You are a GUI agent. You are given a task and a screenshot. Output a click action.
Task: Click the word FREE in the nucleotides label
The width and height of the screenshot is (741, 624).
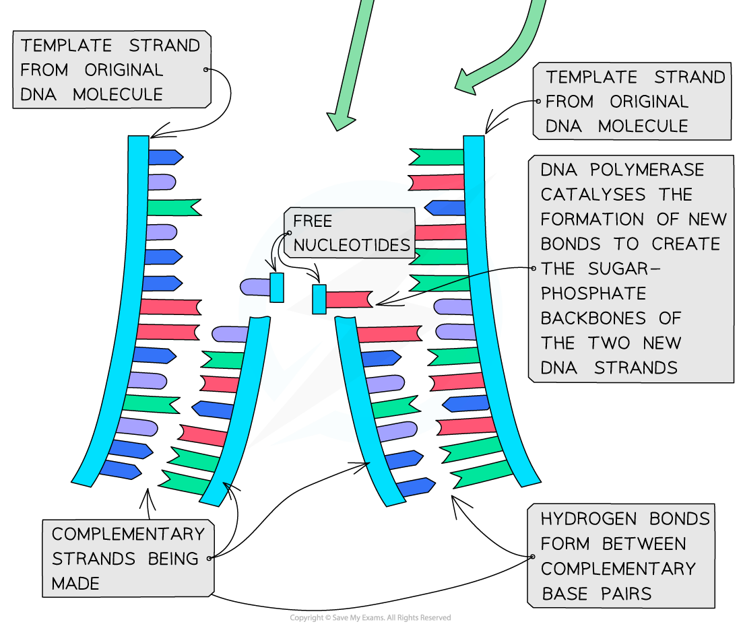click(x=313, y=221)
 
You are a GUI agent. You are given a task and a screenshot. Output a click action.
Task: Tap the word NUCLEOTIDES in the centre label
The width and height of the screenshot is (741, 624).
click(x=352, y=245)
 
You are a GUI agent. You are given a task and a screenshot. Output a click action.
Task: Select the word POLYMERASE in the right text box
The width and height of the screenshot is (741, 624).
click(x=647, y=170)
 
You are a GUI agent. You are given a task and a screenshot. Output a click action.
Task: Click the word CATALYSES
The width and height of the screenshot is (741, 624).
click(x=593, y=194)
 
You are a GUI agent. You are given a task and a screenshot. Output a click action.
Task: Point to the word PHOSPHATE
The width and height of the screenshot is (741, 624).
click(x=593, y=293)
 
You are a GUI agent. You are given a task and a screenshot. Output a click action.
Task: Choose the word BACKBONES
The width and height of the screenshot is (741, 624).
click(x=593, y=318)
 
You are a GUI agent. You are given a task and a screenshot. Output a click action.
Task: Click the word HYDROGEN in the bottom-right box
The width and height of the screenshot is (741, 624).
click(x=588, y=519)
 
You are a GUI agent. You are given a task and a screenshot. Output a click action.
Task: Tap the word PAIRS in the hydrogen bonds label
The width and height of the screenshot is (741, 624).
click(x=626, y=593)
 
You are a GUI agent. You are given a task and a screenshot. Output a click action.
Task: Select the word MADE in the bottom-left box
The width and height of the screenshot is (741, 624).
click(x=75, y=584)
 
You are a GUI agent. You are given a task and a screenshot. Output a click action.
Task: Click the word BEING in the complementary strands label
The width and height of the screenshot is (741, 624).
click(x=173, y=558)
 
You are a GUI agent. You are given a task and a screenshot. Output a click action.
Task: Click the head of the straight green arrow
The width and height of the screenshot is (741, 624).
click(x=340, y=121)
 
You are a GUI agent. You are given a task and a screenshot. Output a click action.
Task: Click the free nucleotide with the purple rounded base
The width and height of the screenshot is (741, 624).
click(x=262, y=287)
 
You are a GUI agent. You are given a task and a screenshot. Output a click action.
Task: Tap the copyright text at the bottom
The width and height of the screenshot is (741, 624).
click(x=370, y=617)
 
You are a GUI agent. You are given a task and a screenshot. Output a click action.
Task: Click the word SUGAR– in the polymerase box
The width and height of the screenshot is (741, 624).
click(x=624, y=269)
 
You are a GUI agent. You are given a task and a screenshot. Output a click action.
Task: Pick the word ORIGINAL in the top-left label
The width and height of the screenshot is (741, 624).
click(x=124, y=70)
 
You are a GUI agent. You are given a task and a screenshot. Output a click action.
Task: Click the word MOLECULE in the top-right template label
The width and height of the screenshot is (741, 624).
click(x=643, y=126)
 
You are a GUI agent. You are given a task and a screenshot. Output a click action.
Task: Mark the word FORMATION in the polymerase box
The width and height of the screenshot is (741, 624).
click(x=592, y=219)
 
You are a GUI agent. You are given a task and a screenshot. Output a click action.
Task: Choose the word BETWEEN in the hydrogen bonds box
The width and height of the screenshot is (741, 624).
click(x=643, y=544)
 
